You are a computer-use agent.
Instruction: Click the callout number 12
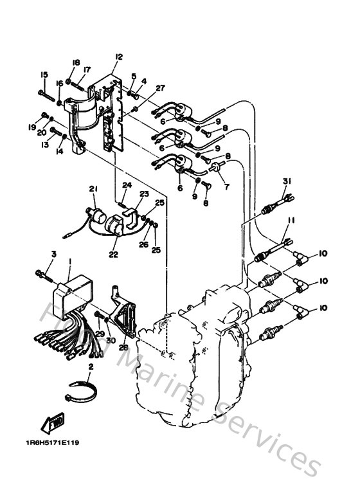(118, 57)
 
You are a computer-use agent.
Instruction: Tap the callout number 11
(291, 221)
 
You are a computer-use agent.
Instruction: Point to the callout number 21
(93, 188)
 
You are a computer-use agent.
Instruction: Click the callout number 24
(127, 185)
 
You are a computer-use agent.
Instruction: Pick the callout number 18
(76, 62)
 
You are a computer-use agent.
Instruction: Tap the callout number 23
(145, 194)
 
